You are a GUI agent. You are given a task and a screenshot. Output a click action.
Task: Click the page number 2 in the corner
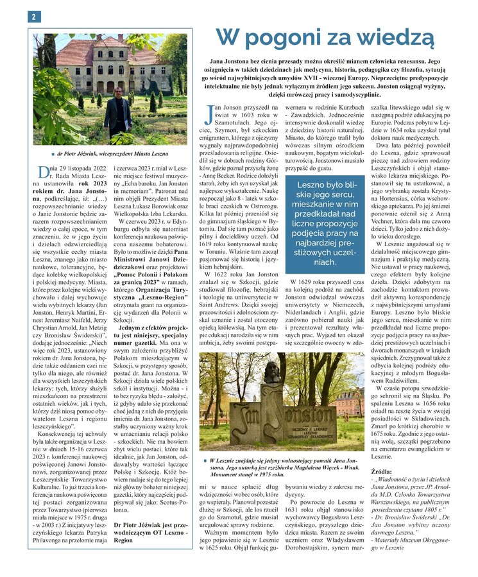point(32,17)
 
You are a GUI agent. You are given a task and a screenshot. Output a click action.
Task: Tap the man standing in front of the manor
point(117,110)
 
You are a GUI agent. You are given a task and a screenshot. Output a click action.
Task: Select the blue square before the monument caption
point(204,461)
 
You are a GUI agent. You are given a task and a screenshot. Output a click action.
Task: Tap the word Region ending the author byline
point(123,540)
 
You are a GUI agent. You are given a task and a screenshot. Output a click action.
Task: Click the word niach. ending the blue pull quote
point(325,262)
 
